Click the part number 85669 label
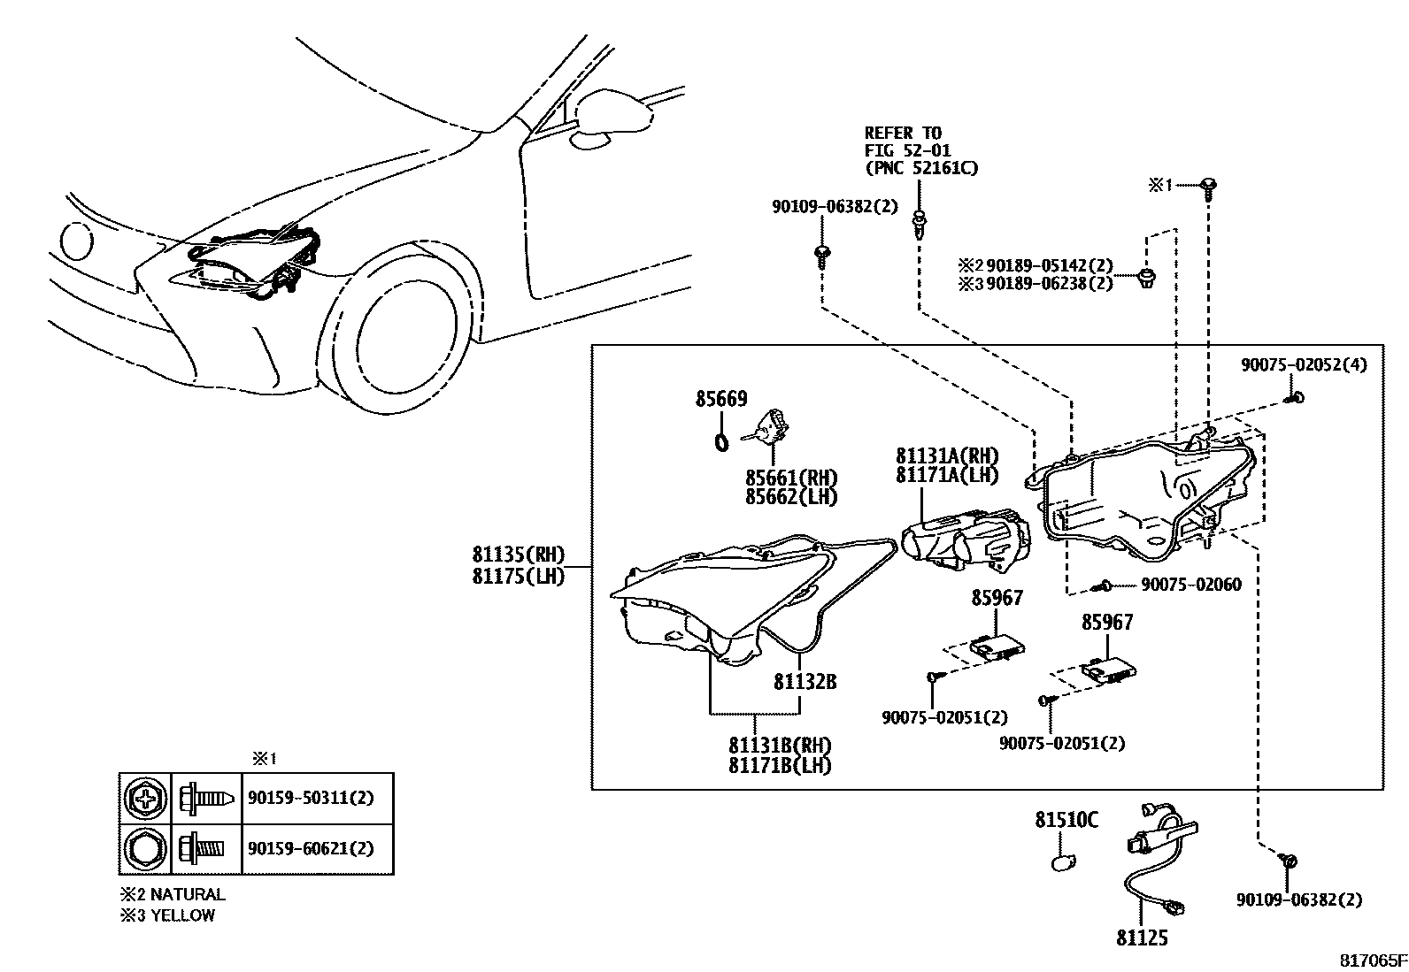click(720, 399)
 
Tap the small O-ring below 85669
click(720, 440)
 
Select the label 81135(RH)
click(517, 555)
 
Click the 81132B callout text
click(805, 682)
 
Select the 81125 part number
click(1142, 938)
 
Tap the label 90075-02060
click(1190, 585)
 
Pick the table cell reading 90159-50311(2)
click(310, 798)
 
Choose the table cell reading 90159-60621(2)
click(310, 848)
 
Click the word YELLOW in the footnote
click(182, 915)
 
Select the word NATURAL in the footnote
click(188, 894)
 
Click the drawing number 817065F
click(1371, 960)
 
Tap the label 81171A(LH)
click(946, 475)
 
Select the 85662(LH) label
click(790, 497)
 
